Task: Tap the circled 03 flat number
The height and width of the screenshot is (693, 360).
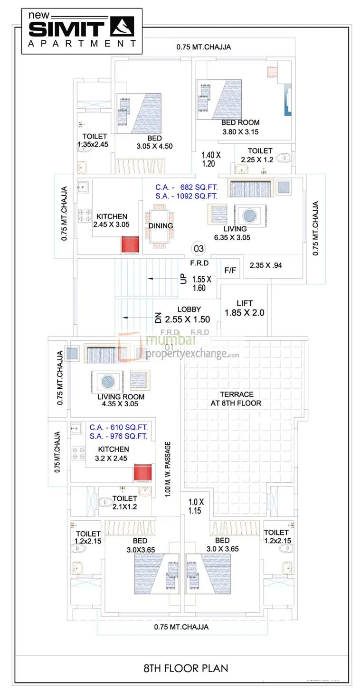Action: coord(198,248)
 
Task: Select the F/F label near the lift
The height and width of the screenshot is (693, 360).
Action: coord(230,270)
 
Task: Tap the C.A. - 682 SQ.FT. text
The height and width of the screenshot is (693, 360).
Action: coord(186,187)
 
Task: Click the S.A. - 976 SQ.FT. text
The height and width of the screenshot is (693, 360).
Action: coord(119,436)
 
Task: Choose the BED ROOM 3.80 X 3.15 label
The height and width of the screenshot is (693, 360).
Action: coord(240,127)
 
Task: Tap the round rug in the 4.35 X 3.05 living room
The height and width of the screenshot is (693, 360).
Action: coord(105,381)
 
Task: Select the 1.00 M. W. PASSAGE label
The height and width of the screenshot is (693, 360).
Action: coord(168,469)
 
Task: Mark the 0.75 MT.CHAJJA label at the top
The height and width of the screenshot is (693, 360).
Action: coord(204,47)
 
